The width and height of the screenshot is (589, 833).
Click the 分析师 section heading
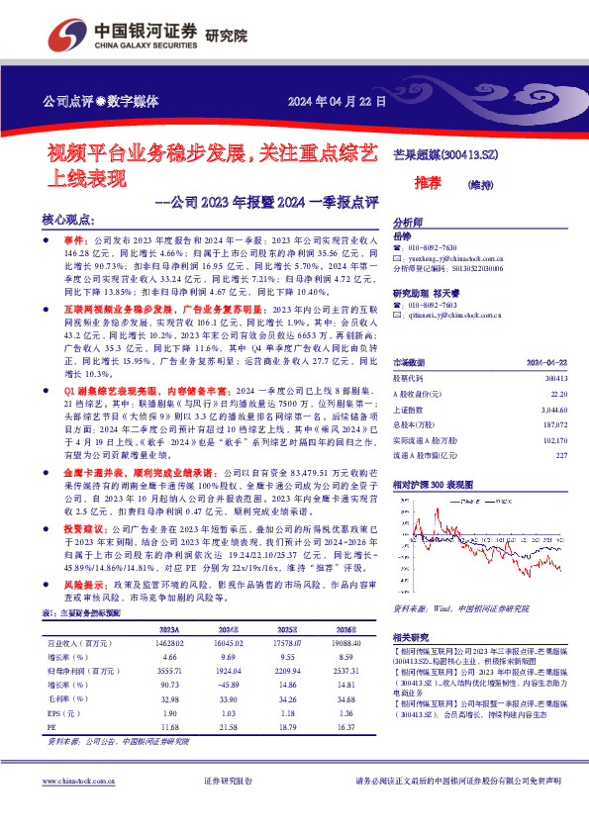[408, 223]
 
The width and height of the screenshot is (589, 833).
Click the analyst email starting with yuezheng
[456, 256]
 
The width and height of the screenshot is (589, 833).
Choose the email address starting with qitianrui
[455, 314]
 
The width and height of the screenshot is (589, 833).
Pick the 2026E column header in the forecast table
[344, 629]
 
